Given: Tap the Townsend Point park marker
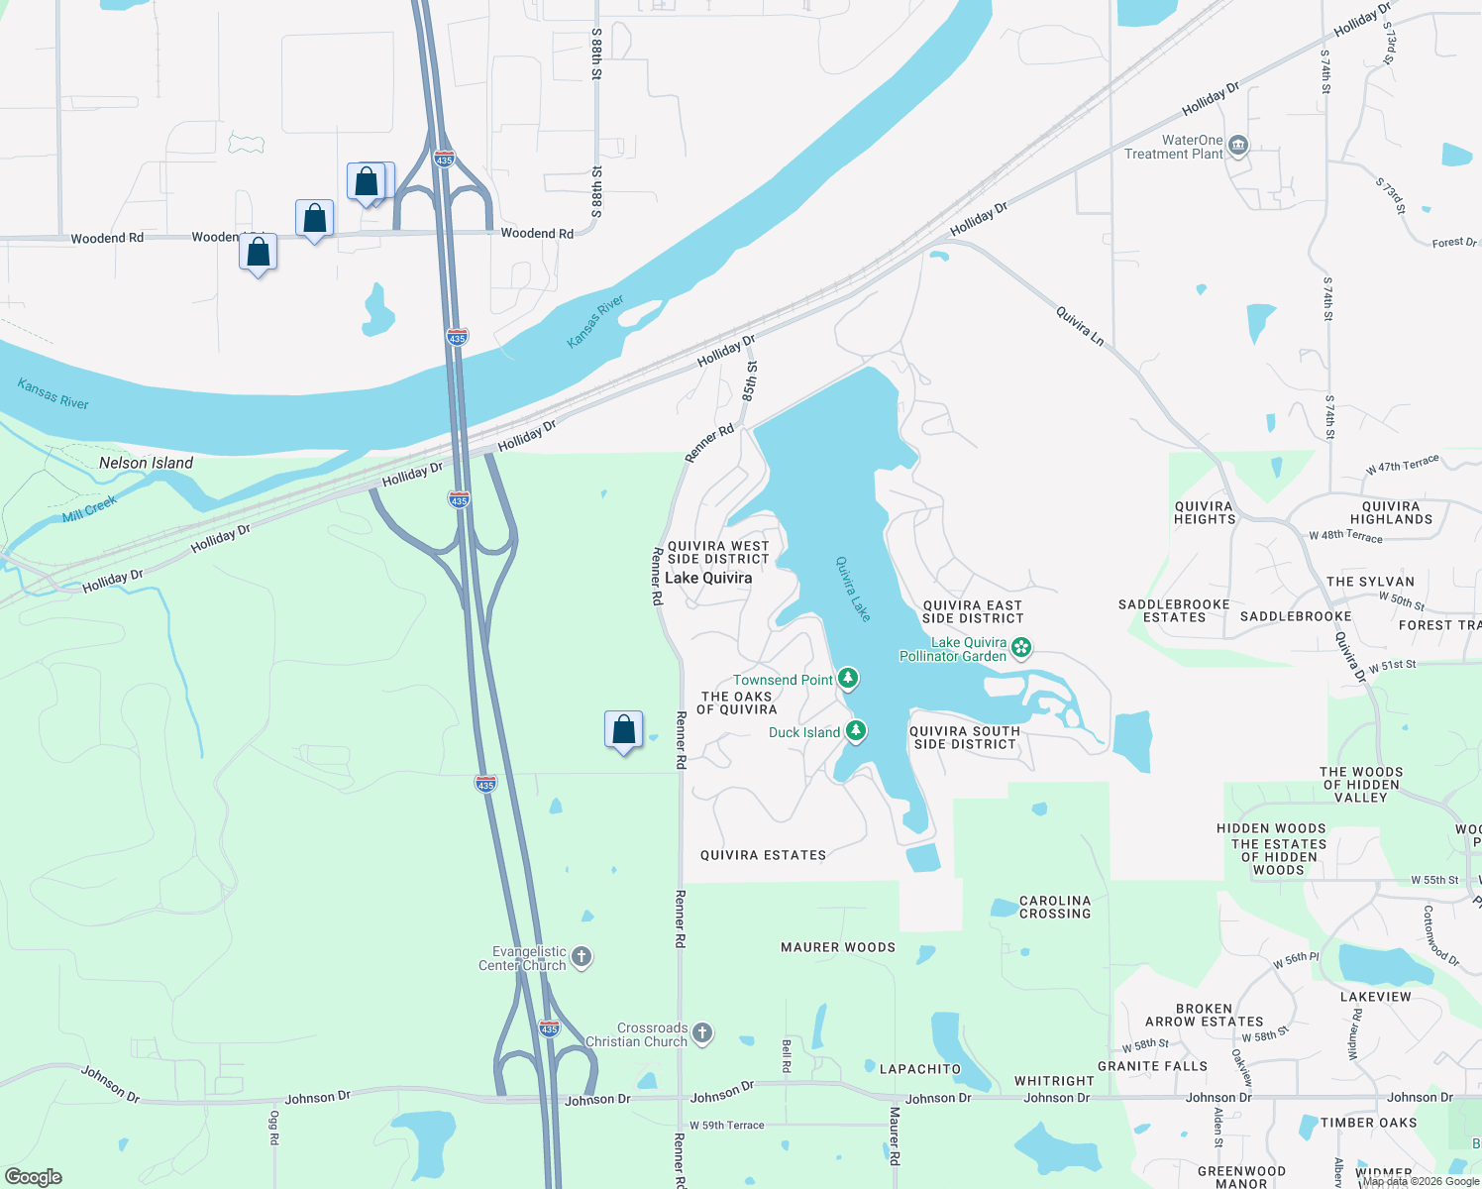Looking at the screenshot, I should pyautogui.click(x=847, y=679).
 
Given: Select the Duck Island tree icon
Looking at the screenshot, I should pyautogui.click(x=856, y=731).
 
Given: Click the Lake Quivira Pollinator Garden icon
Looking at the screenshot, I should pyautogui.click(x=1021, y=649).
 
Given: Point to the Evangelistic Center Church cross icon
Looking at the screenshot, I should pyautogui.click(x=582, y=957).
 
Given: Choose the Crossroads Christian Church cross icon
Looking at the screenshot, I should pyautogui.click(x=702, y=1033).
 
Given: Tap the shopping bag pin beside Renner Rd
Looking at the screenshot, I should pyautogui.click(x=623, y=730).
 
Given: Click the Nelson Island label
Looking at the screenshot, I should pyautogui.click(x=146, y=463).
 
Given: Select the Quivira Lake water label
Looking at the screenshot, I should pyautogui.click(x=852, y=589).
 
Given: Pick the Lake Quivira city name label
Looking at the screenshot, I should pyautogui.click(x=708, y=578).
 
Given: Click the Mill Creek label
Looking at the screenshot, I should pyautogui.click(x=89, y=508).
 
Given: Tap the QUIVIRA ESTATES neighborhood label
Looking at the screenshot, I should pyautogui.click(x=763, y=855).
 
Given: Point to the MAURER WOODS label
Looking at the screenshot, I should pyautogui.click(x=838, y=947).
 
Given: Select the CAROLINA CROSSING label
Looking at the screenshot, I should pyautogui.click(x=1055, y=908).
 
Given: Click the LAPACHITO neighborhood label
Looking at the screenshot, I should pyautogui.click(x=920, y=1069).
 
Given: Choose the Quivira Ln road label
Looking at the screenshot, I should pyautogui.click(x=1080, y=326).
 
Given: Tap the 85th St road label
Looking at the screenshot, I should pyautogui.click(x=750, y=380).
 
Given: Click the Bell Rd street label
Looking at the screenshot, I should pyautogui.click(x=787, y=1055).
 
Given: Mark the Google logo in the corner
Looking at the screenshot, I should pyautogui.click(x=34, y=1177).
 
